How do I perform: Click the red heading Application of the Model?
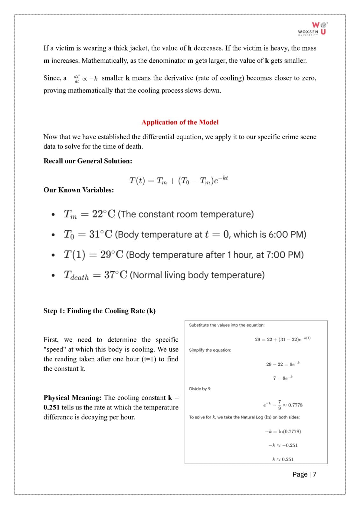click(180, 122)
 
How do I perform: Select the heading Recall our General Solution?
click(88, 161)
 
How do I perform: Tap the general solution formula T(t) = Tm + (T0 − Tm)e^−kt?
click(178, 180)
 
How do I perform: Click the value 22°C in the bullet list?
click(103, 214)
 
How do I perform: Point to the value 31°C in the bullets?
click(101, 234)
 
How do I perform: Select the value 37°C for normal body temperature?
click(116, 275)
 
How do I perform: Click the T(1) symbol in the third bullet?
click(74, 255)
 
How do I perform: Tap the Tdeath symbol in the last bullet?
click(76, 275)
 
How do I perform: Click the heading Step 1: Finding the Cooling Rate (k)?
click(99, 311)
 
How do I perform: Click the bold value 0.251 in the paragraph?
click(51, 408)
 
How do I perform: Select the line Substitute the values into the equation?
click(227, 325)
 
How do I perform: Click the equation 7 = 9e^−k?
click(283, 378)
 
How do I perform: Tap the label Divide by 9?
click(200, 389)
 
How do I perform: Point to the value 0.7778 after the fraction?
click(295, 405)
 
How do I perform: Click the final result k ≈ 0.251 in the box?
click(283, 459)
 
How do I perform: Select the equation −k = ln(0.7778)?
click(283, 431)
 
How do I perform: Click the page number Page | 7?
click(304, 474)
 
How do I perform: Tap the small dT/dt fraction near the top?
click(77, 79)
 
